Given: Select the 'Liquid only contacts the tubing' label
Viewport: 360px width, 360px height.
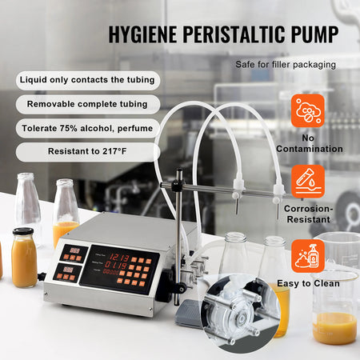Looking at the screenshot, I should point(87,81).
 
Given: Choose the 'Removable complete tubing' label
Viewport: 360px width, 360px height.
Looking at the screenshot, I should point(87,104).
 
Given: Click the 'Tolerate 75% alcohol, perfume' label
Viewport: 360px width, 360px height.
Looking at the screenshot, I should point(87,127).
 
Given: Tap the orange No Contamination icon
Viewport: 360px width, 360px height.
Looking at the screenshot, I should point(308,111).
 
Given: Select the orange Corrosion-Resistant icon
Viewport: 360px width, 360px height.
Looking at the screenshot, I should point(308,182).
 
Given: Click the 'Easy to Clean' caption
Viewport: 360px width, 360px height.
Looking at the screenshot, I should point(308,282).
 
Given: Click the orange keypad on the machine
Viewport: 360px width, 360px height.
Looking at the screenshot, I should point(135,270).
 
